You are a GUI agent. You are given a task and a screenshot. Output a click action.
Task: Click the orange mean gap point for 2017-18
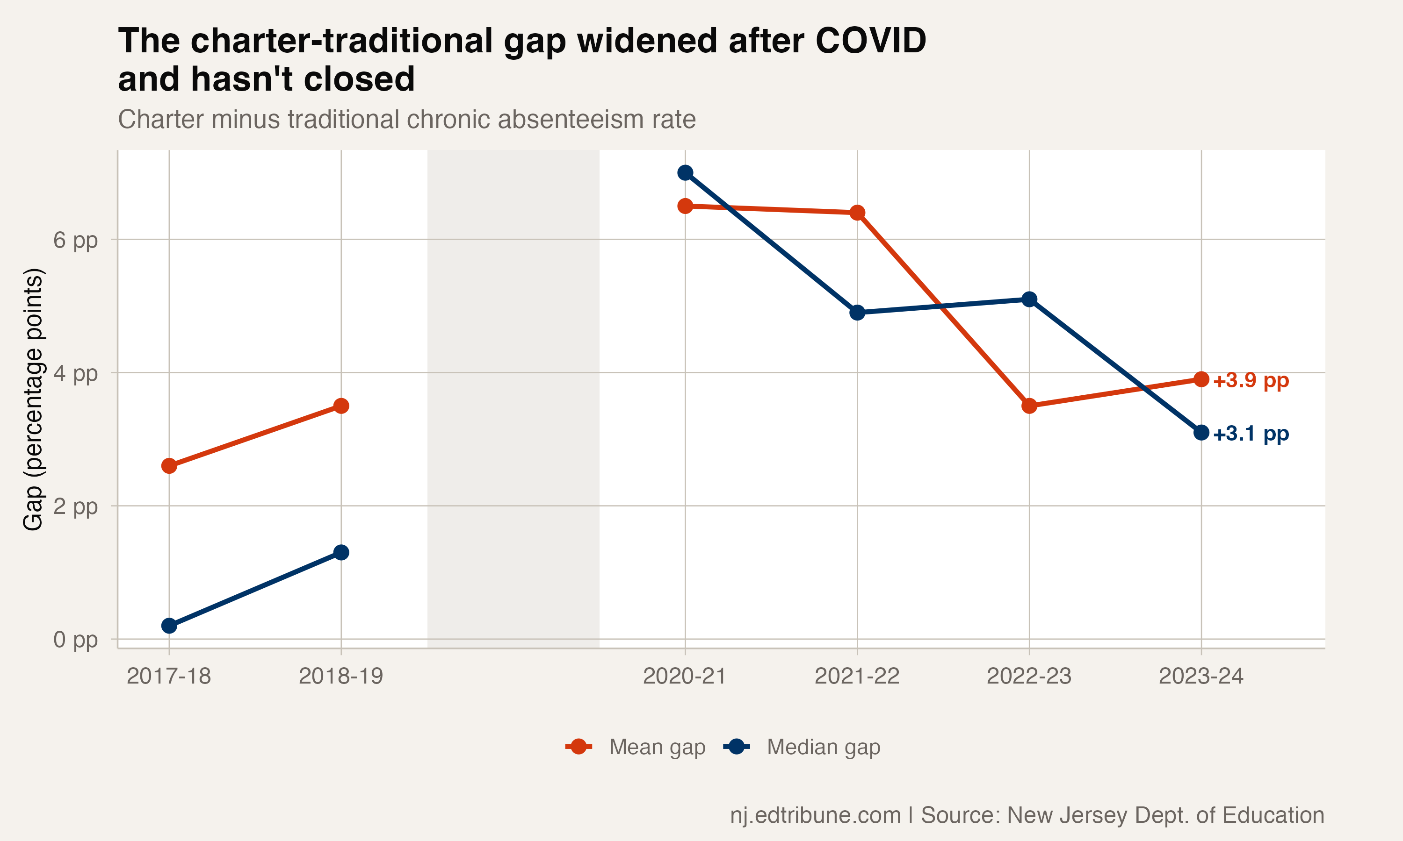(x=169, y=466)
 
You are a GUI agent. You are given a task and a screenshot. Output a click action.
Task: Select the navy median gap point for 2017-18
(x=169, y=626)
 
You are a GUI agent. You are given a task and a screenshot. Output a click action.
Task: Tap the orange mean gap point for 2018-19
(x=341, y=406)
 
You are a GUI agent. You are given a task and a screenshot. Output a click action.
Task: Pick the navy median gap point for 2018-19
(x=341, y=553)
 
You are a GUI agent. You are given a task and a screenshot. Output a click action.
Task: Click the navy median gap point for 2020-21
(x=685, y=173)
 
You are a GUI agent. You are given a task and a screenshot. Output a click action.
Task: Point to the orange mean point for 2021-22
(x=857, y=213)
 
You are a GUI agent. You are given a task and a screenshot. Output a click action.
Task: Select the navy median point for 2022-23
(x=1029, y=299)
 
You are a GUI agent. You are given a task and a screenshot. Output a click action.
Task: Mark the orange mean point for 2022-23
(x=1029, y=406)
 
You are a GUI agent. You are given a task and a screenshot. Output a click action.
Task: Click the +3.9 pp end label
(x=1251, y=380)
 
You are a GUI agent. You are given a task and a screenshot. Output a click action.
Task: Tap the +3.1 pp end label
(x=1251, y=434)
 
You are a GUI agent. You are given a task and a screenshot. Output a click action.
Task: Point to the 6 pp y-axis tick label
(x=75, y=240)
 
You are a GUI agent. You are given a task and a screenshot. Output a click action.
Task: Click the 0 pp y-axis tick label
(x=75, y=640)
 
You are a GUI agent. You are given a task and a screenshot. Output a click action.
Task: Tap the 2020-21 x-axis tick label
(x=685, y=676)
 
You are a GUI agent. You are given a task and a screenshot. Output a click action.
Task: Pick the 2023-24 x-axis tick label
(x=1201, y=676)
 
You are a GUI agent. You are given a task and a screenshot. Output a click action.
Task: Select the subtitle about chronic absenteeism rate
(x=406, y=120)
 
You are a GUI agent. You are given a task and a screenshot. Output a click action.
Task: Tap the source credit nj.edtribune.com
(x=815, y=815)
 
